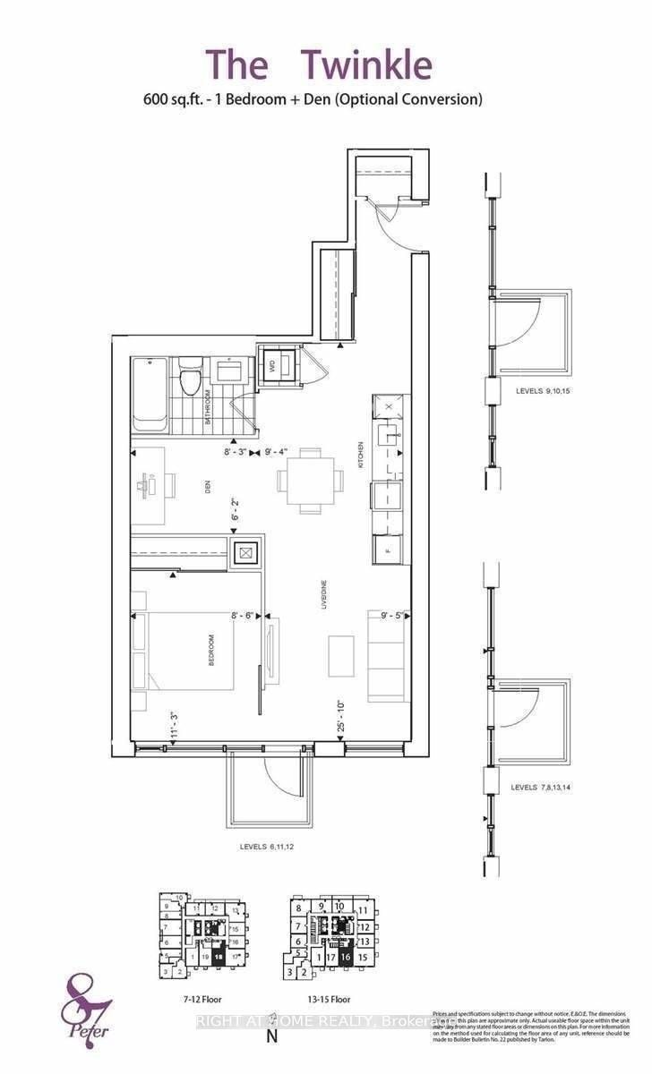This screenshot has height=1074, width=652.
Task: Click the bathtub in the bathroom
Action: click(149, 395)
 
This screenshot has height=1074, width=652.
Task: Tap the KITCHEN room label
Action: click(362, 456)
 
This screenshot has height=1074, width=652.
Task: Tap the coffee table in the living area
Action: click(341, 656)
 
